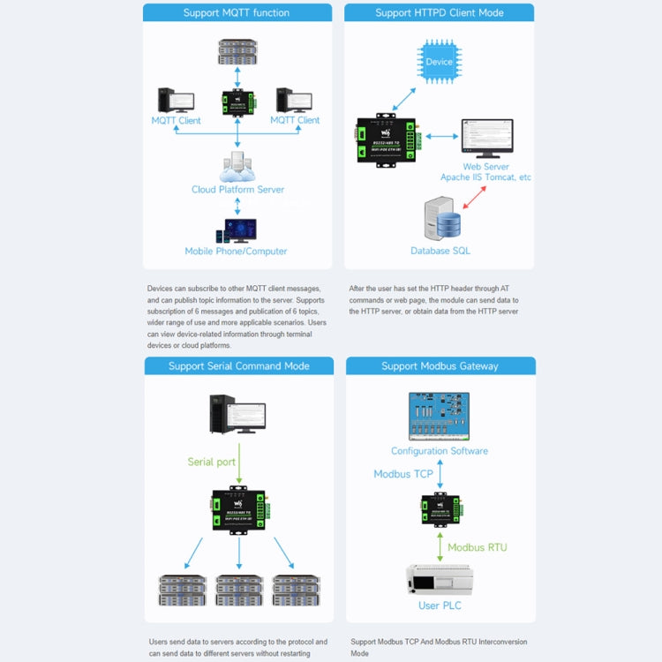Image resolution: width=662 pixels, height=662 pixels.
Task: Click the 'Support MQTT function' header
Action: (x=236, y=13)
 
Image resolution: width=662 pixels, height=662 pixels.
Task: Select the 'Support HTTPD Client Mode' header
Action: (x=439, y=13)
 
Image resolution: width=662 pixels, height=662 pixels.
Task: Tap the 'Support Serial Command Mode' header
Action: (x=238, y=366)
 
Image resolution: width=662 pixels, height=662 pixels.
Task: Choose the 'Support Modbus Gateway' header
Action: (x=440, y=366)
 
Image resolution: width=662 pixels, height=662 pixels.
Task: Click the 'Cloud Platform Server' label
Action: (x=237, y=190)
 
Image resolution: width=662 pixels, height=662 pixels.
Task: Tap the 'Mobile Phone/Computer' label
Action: (x=236, y=252)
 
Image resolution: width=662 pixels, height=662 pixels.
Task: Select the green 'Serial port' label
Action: (x=212, y=462)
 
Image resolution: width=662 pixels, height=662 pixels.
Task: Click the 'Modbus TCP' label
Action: (x=403, y=474)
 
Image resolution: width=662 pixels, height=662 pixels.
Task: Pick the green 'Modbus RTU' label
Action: (x=477, y=547)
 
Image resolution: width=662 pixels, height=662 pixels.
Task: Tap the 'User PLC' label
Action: (x=440, y=606)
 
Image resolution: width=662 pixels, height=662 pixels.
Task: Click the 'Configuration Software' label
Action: (x=440, y=451)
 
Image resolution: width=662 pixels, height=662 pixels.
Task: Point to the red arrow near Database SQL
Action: (x=475, y=197)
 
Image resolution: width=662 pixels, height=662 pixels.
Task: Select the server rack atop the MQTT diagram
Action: (x=237, y=51)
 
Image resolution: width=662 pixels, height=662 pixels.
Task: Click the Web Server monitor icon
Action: (x=486, y=138)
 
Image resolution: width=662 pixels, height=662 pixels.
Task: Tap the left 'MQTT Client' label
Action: (x=176, y=120)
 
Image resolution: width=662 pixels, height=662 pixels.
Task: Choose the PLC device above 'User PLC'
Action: (x=440, y=579)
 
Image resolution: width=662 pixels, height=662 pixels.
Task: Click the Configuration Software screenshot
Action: (x=440, y=415)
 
